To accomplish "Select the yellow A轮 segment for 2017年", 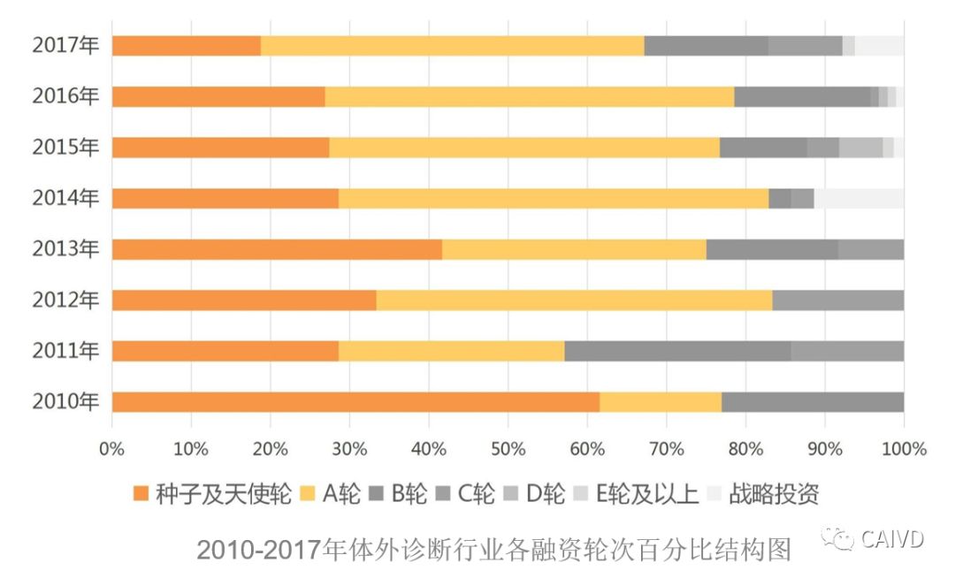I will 452,46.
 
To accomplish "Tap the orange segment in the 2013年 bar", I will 277,249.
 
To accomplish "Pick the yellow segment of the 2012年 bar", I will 574,300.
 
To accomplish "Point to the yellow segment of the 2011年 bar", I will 451,351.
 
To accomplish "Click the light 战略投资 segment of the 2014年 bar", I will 859,199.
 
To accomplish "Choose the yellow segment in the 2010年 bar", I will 661,402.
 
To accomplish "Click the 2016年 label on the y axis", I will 65,97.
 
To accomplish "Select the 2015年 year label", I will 65,148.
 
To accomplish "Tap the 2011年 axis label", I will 65,351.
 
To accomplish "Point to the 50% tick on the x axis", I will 508,448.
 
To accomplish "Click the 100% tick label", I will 903,448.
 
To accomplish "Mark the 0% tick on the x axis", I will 112,448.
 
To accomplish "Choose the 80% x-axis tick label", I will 745,448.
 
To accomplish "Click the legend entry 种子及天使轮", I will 212,493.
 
